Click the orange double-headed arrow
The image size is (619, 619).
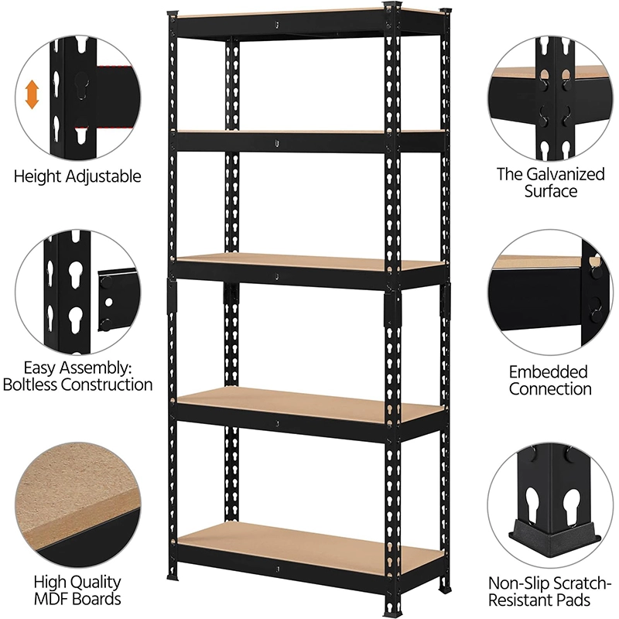pos(32,94)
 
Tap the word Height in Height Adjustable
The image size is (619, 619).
pos(37,176)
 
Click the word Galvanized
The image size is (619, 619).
pos(566,174)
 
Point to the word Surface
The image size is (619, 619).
pos(551,191)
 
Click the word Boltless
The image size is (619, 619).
pos(30,385)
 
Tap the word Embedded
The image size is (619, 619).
pos(549,372)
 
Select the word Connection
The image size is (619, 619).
pos(550,389)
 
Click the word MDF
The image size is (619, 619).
pos(51,598)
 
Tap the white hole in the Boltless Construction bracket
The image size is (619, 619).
pos(109,303)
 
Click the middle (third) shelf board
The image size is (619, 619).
pos(311,262)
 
